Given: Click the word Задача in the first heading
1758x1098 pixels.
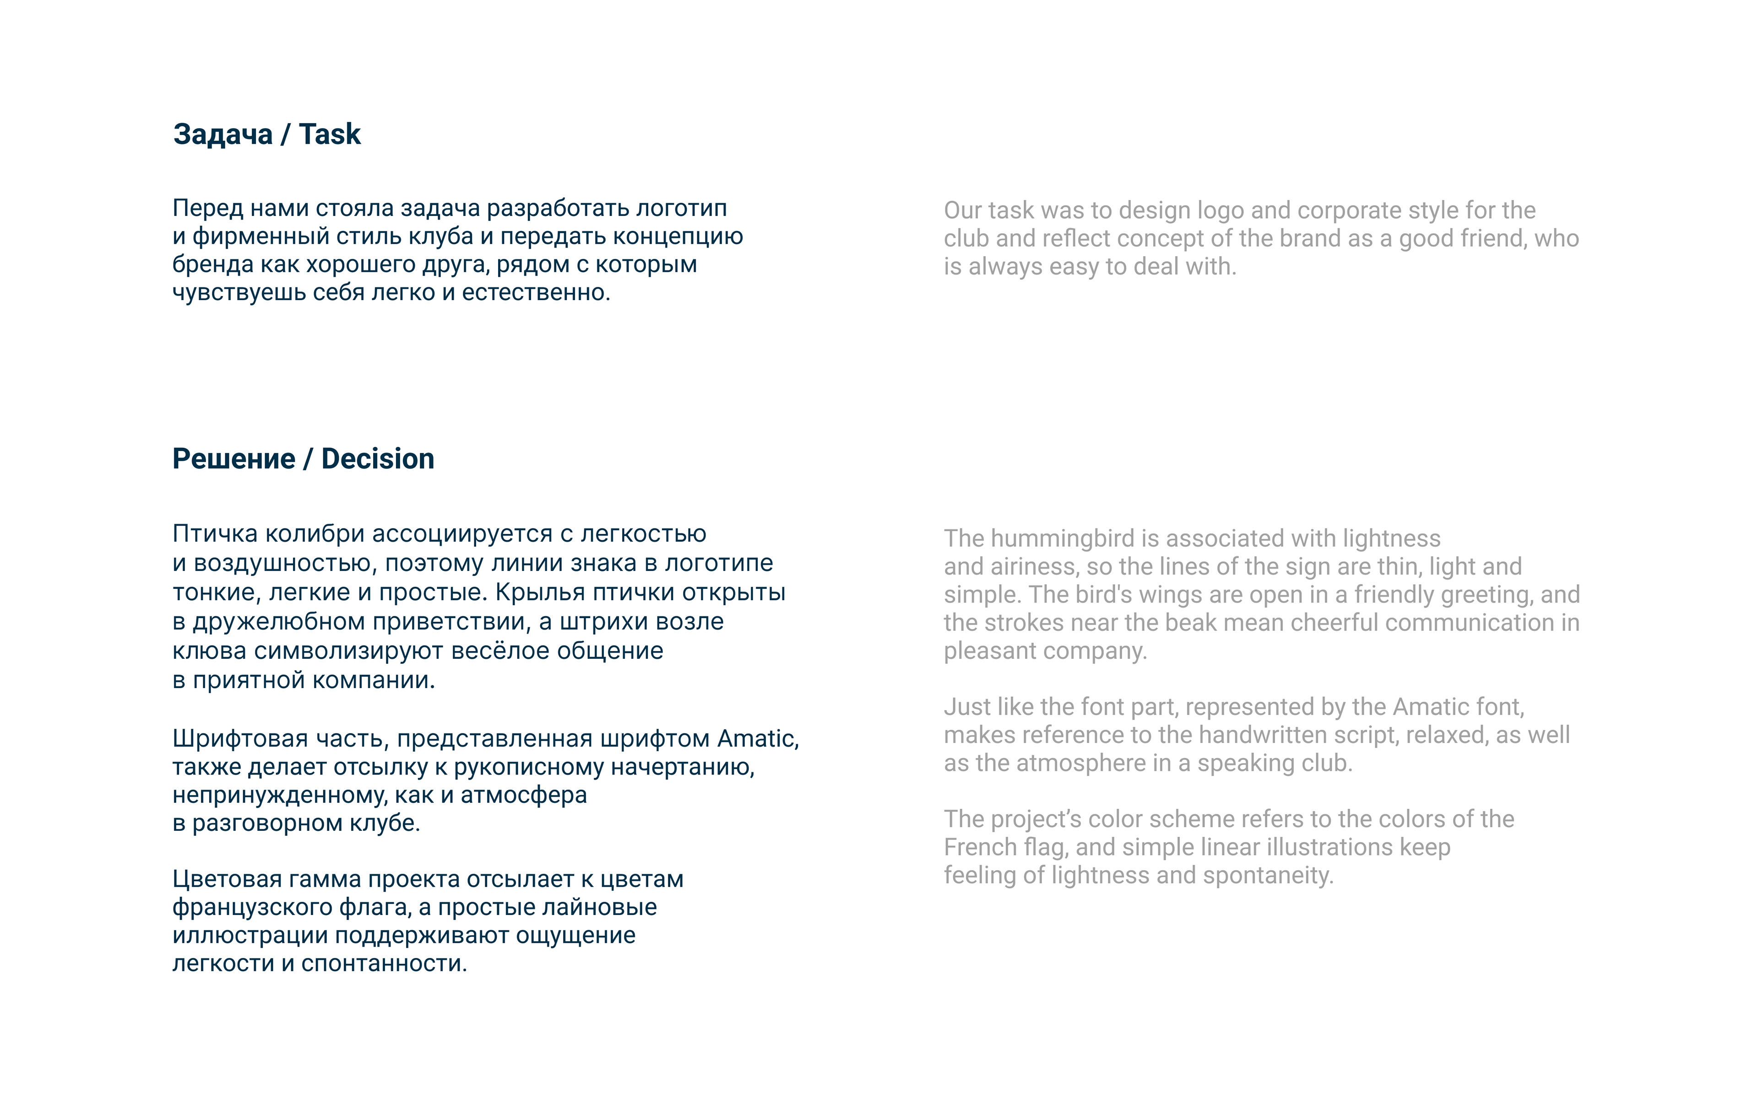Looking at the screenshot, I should point(222,135).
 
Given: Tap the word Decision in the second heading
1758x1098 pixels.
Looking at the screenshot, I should point(377,459).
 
